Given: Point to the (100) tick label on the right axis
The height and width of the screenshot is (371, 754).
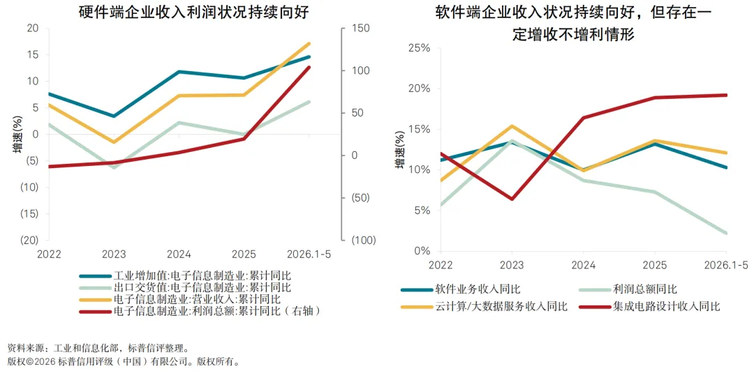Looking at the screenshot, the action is point(363,241).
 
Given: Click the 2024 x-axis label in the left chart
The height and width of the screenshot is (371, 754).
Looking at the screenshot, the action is point(179,254).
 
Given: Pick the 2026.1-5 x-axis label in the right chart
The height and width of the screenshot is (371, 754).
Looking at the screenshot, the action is point(726,264).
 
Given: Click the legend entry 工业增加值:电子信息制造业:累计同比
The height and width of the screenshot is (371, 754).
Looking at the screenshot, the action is point(202,276).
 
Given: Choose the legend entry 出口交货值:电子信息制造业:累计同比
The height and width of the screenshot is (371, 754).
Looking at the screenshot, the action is point(202,288).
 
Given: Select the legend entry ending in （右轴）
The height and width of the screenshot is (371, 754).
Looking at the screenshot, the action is point(216,311).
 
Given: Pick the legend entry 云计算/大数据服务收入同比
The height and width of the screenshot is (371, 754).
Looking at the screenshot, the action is point(501,307).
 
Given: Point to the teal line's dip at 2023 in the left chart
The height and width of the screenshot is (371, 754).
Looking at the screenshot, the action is point(114,116).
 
